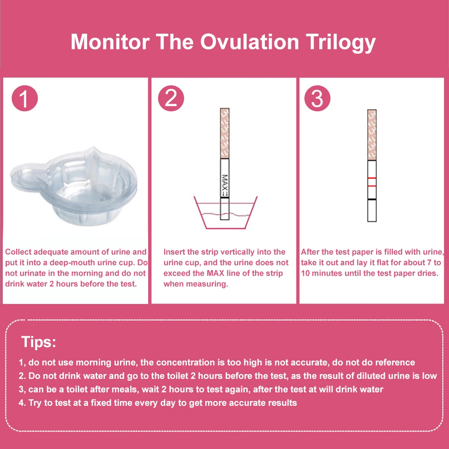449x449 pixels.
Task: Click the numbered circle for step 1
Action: [x=24, y=99]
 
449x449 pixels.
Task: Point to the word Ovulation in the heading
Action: [x=250, y=42]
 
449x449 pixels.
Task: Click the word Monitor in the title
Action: [x=110, y=42]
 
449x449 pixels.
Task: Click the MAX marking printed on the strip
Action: [x=225, y=184]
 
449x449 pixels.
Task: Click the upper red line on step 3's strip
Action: [x=372, y=179]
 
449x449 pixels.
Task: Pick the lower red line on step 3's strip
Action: [x=372, y=185]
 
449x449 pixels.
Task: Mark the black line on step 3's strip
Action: [x=372, y=199]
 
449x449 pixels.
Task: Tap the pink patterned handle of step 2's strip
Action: [x=225, y=133]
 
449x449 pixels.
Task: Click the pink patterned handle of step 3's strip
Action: [x=372, y=135]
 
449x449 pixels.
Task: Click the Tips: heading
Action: [x=39, y=343]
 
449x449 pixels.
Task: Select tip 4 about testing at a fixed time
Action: [x=158, y=403]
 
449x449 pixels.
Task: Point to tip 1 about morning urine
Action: [x=217, y=362]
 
